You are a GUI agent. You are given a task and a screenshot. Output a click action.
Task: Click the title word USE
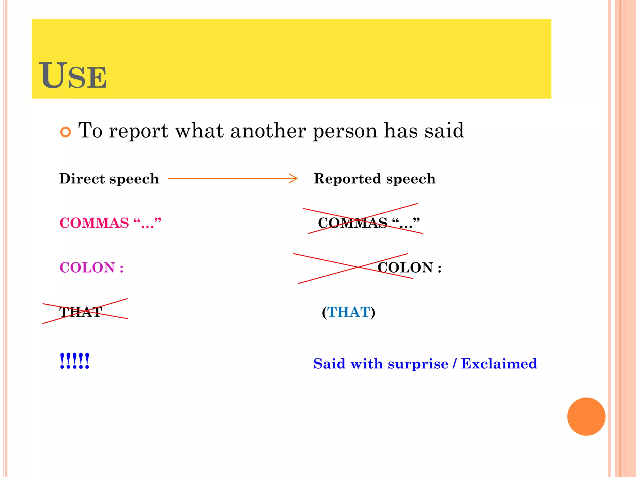coord(73,75)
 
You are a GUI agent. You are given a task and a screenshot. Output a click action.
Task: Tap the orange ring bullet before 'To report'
coord(66,132)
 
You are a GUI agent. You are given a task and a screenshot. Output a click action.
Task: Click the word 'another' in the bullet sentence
coord(268,131)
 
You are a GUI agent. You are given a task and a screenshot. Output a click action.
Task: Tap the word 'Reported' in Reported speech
coord(347,179)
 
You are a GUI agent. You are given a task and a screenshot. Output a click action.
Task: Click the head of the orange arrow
coord(294,179)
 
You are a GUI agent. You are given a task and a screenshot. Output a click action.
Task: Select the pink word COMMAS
coord(94,223)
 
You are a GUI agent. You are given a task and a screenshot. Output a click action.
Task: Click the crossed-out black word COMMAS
coord(352,223)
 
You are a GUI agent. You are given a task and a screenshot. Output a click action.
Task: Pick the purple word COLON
coord(87,267)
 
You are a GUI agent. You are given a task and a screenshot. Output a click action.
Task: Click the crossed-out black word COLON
coord(405,267)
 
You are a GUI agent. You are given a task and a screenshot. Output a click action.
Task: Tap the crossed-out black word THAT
coord(81,312)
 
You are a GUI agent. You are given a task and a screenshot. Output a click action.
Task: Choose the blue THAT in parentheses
coord(349,312)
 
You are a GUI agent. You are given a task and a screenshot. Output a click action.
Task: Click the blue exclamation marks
coord(75,361)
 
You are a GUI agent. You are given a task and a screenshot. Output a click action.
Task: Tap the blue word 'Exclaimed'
coord(499,364)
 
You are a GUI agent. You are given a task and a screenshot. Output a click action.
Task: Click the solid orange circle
coord(586,416)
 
